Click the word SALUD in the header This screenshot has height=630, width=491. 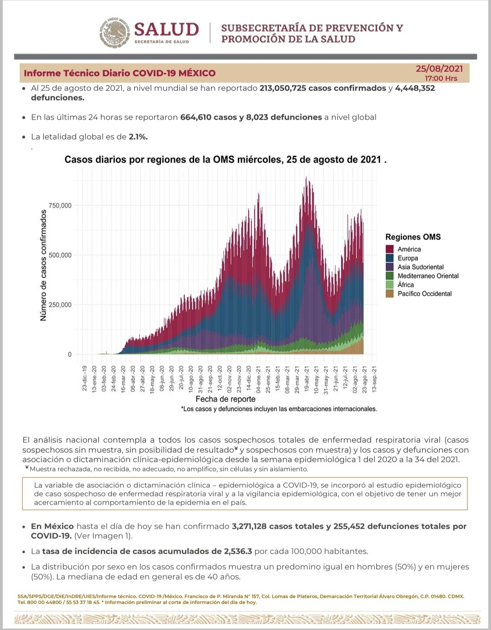click(x=166, y=30)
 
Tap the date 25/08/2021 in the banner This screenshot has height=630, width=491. click(x=439, y=69)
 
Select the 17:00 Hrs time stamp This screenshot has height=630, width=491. click(x=441, y=78)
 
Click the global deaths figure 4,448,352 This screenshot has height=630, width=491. click(x=415, y=88)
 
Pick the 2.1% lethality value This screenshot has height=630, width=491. click(x=138, y=137)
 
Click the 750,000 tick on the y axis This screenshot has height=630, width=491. click(x=60, y=205)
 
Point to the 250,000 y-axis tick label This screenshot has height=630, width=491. click(x=60, y=305)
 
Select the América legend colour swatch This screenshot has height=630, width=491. click(x=390, y=249)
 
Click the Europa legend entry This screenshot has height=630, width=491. click(x=407, y=258)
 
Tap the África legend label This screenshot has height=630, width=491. click(x=406, y=285)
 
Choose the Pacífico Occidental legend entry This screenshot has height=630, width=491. click(x=424, y=294)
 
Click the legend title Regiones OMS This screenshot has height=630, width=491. click(x=413, y=237)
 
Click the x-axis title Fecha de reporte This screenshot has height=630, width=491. click(x=225, y=399)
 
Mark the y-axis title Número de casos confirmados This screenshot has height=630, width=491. click(x=44, y=265)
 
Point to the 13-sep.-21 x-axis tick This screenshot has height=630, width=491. click(x=374, y=379)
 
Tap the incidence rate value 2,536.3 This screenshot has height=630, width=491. click(x=238, y=551)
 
